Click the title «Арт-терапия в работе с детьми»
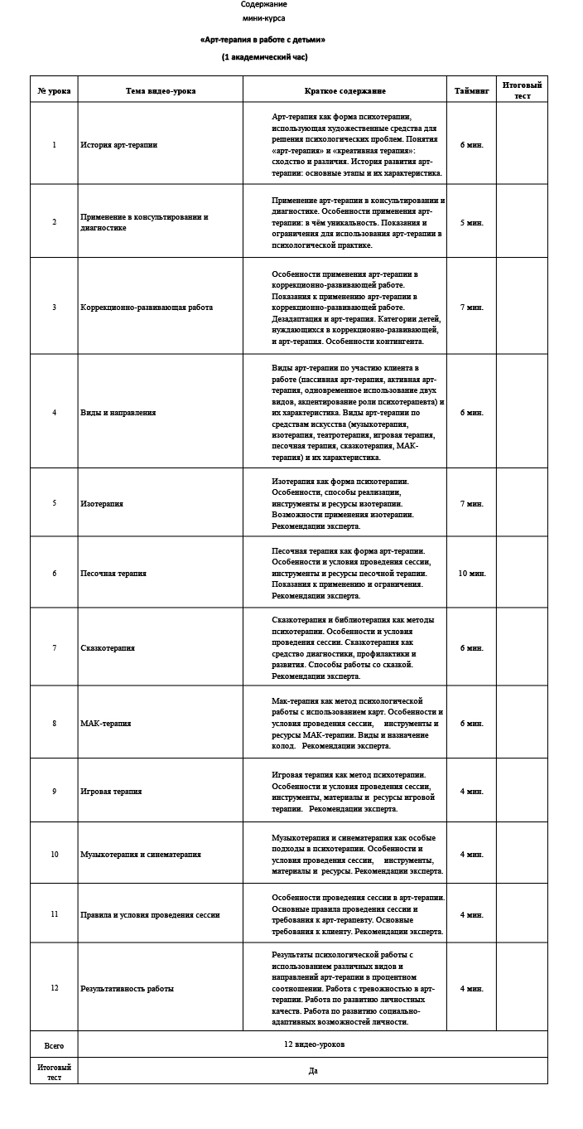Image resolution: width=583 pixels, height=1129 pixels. pyautogui.click(x=263, y=39)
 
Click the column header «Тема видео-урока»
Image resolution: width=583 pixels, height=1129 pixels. pyautogui.click(x=161, y=91)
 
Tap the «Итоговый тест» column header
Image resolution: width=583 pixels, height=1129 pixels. pyautogui.click(x=522, y=90)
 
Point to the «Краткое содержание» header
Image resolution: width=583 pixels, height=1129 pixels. pyautogui.click(x=344, y=91)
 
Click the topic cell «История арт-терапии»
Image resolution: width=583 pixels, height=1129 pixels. pyautogui.click(x=119, y=145)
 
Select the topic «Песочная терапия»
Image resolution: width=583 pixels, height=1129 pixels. pyautogui.click(x=113, y=573)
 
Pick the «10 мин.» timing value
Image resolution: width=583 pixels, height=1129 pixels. pyautogui.click(x=472, y=573)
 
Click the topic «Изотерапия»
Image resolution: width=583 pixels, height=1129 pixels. pyautogui.click(x=102, y=503)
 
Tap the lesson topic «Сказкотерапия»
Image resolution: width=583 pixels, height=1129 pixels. pyautogui.click(x=108, y=648)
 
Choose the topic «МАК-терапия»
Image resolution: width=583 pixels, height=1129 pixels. pyautogui.click(x=106, y=724)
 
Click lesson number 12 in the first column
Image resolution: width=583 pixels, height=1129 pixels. pyautogui.click(x=55, y=988)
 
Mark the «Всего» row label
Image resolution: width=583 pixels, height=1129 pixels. pyautogui.click(x=54, y=1045)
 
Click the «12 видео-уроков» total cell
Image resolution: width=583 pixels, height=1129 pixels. pyautogui.click(x=314, y=1044)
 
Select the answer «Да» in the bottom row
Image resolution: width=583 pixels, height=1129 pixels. pyautogui.click(x=313, y=1071)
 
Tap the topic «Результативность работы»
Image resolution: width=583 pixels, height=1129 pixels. pyautogui.click(x=127, y=988)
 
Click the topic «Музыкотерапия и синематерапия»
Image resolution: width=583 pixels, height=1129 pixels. pyautogui.click(x=141, y=855)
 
